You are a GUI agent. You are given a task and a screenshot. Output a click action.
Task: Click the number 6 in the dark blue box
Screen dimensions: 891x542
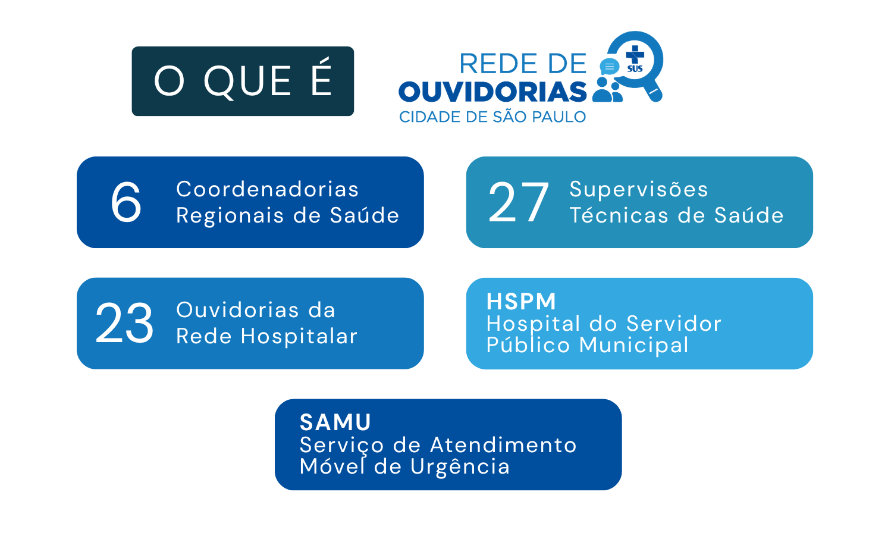point(126,202)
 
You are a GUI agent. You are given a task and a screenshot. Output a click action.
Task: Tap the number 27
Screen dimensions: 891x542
point(519,202)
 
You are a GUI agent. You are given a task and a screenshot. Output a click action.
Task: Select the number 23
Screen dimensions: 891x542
point(124,322)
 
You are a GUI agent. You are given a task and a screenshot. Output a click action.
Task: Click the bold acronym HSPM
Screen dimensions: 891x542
point(521,301)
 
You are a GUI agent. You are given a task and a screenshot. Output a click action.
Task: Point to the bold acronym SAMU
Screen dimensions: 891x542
point(335,422)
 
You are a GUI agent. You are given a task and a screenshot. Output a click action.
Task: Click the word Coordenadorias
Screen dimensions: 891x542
point(267,189)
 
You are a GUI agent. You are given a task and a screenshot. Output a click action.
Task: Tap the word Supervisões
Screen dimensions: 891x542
point(639,189)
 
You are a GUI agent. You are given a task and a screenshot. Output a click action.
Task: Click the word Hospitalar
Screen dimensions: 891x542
point(299,337)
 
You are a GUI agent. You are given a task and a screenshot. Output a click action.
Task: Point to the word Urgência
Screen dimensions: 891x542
point(460,466)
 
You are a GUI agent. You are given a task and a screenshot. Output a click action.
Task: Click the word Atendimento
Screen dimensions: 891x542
point(504,445)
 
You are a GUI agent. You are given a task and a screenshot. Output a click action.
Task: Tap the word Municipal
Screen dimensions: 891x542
point(633,345)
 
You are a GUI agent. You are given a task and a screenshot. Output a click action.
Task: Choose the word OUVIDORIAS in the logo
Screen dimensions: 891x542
point(492,92)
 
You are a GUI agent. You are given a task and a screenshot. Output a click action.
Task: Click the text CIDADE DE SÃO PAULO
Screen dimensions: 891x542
point(492,117)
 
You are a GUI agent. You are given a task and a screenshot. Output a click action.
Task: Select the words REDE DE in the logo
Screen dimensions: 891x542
point(523,64)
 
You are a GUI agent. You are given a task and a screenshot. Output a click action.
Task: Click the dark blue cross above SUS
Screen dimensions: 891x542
point(635,54)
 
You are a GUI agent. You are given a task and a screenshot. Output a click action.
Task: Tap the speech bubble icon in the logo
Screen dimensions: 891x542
point(610,67)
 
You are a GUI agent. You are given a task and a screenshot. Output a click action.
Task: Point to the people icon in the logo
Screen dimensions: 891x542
point(607,89)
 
